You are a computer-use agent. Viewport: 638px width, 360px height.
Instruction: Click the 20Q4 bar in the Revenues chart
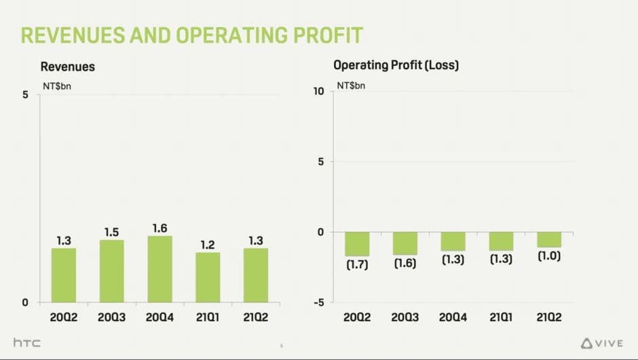click(x=160, y=269)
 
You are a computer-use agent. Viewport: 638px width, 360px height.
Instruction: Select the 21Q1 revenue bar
click(x=208, y=277)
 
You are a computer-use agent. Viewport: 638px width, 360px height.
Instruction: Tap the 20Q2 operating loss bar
click(x=356, y=244)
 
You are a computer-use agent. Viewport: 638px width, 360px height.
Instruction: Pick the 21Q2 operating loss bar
click(x=549, y=239)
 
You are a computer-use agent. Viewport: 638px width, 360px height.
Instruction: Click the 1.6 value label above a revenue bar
click(x=160, y=228)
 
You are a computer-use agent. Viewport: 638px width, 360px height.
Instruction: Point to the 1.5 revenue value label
click(x=112, y=232)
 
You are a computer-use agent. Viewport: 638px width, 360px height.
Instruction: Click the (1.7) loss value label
click(x=356, y=265)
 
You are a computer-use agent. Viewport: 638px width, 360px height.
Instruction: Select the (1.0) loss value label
click(x=549, y=257)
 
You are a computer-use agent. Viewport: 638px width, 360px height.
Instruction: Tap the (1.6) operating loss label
click(x=405, y=264)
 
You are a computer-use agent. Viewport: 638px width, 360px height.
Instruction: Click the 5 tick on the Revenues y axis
click(x=25, y=95)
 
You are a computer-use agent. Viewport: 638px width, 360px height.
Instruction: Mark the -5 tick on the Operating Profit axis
click(x=319, y=302)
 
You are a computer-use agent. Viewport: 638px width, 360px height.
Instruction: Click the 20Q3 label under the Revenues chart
click(x=112, y=317)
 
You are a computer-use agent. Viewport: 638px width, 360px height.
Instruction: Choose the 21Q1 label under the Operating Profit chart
click(x=501, y=317)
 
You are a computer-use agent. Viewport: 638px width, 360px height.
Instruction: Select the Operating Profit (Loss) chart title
click(x=396, y=66)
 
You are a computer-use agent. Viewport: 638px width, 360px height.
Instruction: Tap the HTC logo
click(x=27, y=343)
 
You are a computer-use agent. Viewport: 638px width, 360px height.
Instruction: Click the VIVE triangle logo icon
click(x=588, y=343)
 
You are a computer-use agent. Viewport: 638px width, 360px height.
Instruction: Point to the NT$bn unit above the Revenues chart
click(x=57, y=87)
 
